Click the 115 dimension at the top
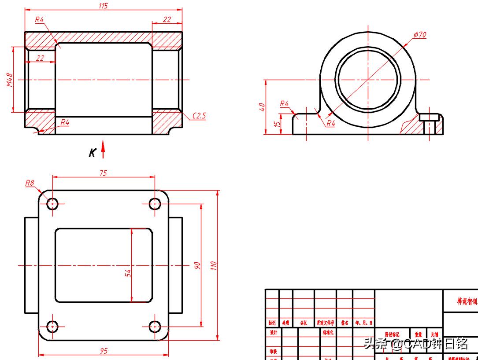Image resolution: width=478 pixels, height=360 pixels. coord(103,6)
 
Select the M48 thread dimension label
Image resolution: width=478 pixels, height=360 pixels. coord(10,80)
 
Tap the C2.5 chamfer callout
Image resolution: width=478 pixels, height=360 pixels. coord(199,116)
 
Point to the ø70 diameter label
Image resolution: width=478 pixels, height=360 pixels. coord(420,34)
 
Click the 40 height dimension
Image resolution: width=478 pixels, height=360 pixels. coord(262,107)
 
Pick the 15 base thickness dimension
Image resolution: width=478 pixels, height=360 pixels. coord(277,124)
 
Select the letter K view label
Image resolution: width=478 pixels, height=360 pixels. coord(93,153)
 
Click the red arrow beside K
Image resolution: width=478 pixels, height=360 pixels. coord(103,149)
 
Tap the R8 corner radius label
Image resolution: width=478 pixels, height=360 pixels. coord(30,183)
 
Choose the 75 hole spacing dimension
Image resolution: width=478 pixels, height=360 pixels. coord(103,173)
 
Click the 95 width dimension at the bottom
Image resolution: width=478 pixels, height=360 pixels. coord(104,351)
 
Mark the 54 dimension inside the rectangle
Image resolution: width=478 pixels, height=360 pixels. coord(128,273)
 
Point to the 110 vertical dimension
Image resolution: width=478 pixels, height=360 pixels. coord(214,265)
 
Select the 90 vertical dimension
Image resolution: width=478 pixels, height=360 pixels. coord(197,265)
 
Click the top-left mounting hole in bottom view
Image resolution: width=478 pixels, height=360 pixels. coord(52,204)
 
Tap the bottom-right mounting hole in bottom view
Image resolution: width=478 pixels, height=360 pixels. coord(155,327)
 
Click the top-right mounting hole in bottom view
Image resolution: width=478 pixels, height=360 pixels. coord(155,204)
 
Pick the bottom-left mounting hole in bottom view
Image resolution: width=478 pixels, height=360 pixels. coord(52,327)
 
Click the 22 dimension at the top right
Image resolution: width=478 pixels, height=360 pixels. coord(167,19)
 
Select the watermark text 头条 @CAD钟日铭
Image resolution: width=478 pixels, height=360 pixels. coord(415,343)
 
